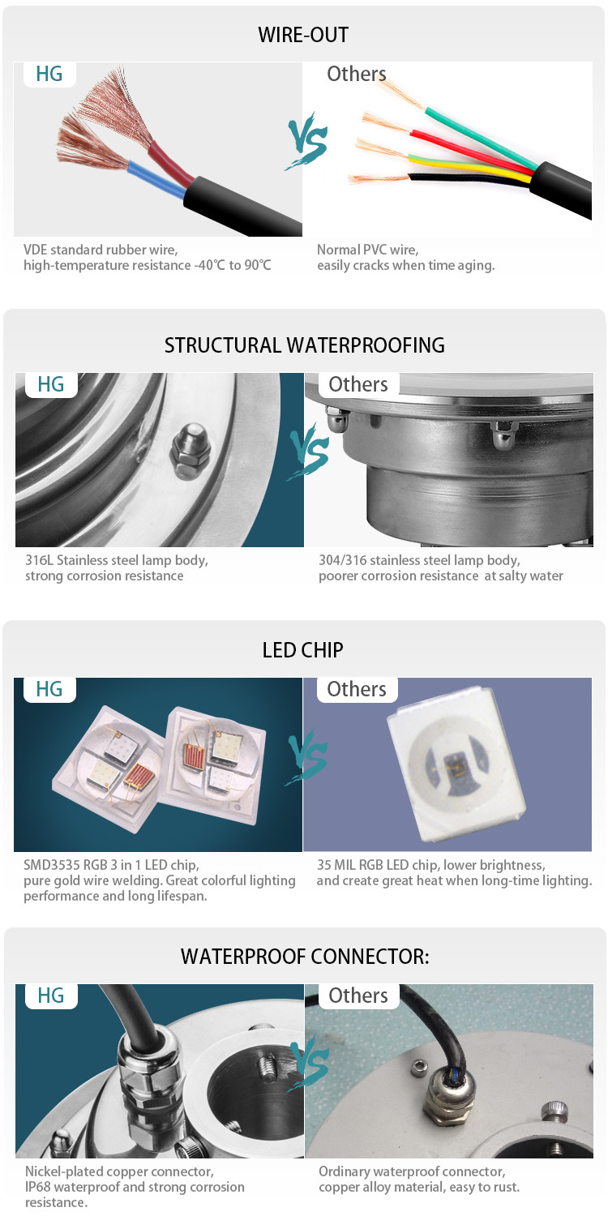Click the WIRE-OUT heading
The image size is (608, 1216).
point(303,35)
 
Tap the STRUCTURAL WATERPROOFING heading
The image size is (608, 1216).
point(305,345)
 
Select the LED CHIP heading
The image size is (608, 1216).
point(303,650)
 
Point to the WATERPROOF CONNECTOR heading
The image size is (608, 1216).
point(305,956)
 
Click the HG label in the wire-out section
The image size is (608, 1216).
point(49,74)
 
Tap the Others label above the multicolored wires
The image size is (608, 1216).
point(356,74)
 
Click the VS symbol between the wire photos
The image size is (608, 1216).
point(307,140)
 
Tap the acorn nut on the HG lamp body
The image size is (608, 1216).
point(190,454)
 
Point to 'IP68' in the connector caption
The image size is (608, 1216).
point(38,1187)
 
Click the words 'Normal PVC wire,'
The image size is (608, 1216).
point(367,250)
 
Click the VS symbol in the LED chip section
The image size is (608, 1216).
point(307,756)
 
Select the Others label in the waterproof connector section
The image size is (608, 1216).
point(358,995)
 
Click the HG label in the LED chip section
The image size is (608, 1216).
point(49,689)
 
